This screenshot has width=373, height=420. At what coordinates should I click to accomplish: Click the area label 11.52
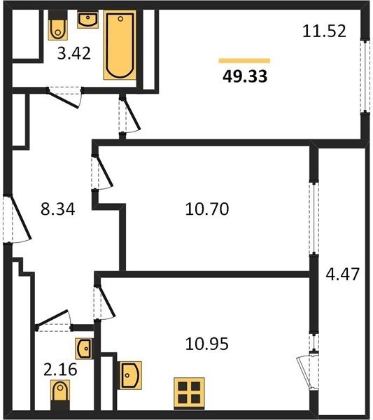[x=324, y=31]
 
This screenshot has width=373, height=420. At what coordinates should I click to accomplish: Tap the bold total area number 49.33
[x=245, y=76]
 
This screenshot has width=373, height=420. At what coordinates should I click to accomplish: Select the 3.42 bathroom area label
[x=74, y=53]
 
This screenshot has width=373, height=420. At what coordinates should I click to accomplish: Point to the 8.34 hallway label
[x=58, y=209]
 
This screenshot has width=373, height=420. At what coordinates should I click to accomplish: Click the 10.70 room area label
[x=206, y=209]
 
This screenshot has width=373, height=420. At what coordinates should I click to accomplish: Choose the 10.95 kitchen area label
[x=206, y=344]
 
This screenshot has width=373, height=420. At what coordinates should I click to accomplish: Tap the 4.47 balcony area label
[x=342, y=274]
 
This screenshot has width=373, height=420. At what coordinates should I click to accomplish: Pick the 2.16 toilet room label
[x=60, y=370]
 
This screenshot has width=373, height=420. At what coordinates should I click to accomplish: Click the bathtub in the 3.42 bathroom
[x=120, y=45]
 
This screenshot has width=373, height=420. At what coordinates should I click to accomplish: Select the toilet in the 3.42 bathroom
[x=57, y=26]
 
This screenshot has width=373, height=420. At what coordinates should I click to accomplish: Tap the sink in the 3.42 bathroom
[x=88, y=20]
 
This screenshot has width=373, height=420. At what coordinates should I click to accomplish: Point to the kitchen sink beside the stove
[x=131, y=375]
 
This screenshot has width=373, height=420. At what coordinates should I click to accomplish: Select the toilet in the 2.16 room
[x=60, y=395]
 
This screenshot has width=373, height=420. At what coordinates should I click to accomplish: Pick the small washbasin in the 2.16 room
[x=84, y=349]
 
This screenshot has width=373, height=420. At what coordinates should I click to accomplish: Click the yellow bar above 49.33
[x=244, y=61]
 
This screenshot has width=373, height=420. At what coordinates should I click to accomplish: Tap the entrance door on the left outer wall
[x=17, y=219]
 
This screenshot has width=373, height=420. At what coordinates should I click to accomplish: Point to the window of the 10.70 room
[x=314, y=218]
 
